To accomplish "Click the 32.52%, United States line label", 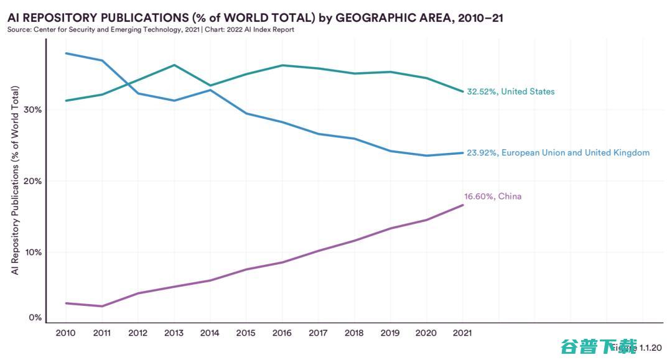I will coord(510,91).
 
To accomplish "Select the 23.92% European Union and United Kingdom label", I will coord(558,152).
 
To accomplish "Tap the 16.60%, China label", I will coord(493,196).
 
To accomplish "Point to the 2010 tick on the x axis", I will coord(65,333).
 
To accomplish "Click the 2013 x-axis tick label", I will coord(174,333).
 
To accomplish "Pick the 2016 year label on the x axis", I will coord(282,333).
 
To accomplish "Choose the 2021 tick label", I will coord(462,333).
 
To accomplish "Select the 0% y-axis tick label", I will coord(36,318).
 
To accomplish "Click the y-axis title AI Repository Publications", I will coord(15,180).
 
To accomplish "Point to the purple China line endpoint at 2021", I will coord(462,205).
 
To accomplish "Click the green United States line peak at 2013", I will coord(174,65).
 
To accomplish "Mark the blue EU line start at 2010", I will coord(65,53).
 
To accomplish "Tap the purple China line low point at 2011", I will coord(101,306).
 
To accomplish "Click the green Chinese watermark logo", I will coord(599,346).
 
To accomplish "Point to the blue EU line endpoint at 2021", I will coord(462,152).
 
